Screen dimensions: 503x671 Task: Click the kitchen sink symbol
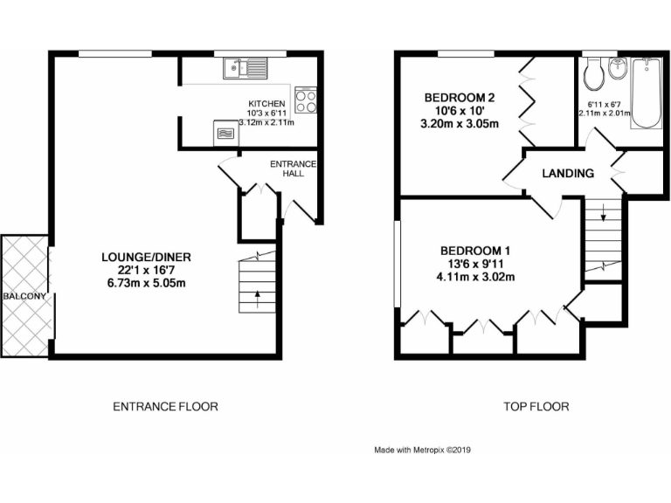tap(246, 65)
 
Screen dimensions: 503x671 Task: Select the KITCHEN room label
tap(266, 104)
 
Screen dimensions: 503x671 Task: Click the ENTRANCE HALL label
tap(293, 169)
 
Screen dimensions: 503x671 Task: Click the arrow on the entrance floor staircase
tap(257, 295)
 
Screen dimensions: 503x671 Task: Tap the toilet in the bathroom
tap(595, 75)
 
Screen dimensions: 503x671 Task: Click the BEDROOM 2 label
tap(460, 97)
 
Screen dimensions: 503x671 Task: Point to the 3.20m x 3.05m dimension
tap(460, 123)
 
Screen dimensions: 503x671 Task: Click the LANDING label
tap(568, 173)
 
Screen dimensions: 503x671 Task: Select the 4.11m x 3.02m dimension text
tap(476, 278)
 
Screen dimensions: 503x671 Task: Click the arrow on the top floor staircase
tap(602, 216)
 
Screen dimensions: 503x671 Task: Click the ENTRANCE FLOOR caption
tap(165, 406)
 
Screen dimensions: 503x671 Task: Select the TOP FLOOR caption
tap(536, 406)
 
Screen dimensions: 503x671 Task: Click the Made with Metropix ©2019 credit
tap(422, 451)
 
